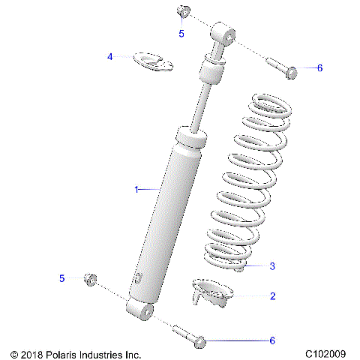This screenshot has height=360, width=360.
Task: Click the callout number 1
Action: coord(136,190)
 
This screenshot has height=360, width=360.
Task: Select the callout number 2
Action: coord(272,296)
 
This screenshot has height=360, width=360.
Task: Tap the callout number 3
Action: coord(272,265)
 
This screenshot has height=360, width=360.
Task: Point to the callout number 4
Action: coord(109,56)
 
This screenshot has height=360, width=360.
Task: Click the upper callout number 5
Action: coord(181,34)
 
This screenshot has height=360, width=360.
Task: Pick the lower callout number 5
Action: coord(62,278)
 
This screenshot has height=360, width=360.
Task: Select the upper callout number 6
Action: coord(319,67)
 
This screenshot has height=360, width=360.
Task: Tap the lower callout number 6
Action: coord(272,340)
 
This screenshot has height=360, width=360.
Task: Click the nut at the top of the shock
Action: coord(182,11)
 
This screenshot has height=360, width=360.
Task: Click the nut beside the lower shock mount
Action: coord(91,279)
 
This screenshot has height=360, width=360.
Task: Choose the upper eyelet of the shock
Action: coord(224,33)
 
